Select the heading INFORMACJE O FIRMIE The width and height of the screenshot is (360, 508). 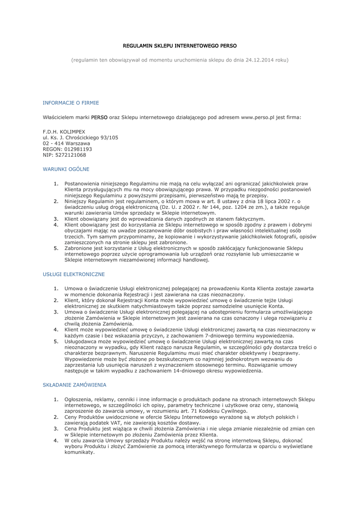(71, 103)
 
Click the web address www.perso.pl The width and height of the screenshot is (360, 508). (258, 117)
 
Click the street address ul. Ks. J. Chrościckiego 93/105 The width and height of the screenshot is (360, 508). (80, 137)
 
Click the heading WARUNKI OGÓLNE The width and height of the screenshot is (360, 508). (66, 169)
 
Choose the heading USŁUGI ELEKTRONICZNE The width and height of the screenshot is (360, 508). (73, 273)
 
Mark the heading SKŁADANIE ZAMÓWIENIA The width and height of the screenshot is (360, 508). (74, 384)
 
